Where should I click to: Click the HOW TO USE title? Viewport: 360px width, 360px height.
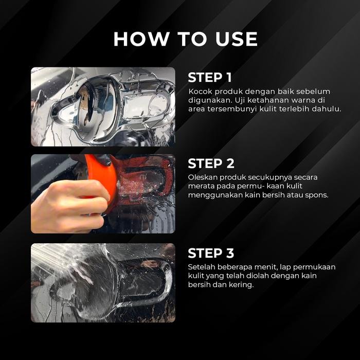(x=186, y=39)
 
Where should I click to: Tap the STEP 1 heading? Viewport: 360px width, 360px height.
(x=210, y=77)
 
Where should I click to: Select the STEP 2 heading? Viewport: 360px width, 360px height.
(x=211, y=164)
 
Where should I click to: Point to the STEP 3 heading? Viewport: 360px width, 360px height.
(x=211, y=253)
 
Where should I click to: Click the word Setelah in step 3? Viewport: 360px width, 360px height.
(x=201, y=267)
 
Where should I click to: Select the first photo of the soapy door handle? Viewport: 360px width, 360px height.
(x=103, y=107)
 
